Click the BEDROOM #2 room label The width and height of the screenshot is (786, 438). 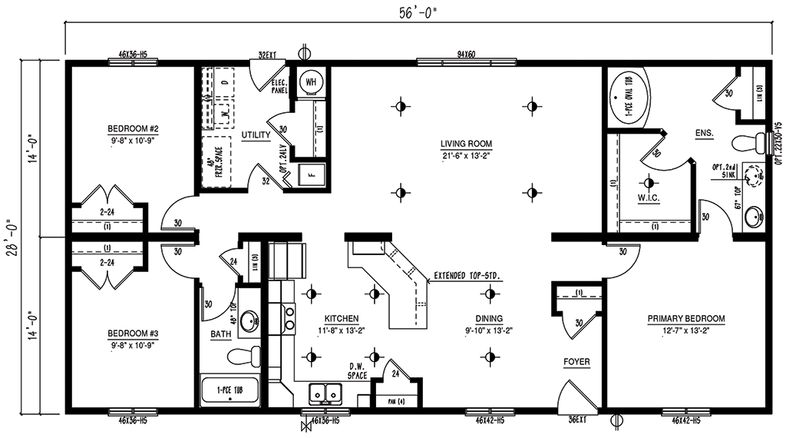[x=133, y=128]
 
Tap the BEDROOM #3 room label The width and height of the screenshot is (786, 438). [x=133, y=333]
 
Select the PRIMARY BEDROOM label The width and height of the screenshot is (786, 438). [x=685, y=318]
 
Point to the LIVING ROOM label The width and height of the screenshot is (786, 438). [x=466, y=144]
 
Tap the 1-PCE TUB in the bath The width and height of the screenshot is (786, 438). [x=230, y=390]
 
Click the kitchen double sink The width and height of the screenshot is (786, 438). [x=325, y=394]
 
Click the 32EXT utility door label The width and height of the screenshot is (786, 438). [x=266, y=55]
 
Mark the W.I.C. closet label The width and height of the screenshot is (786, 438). [x=649, y=198]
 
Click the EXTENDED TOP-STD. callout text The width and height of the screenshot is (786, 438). [x=468, y=274]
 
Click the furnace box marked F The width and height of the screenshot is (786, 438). [x=312, y=173]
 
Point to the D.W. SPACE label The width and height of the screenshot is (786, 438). [x=356, y=370]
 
